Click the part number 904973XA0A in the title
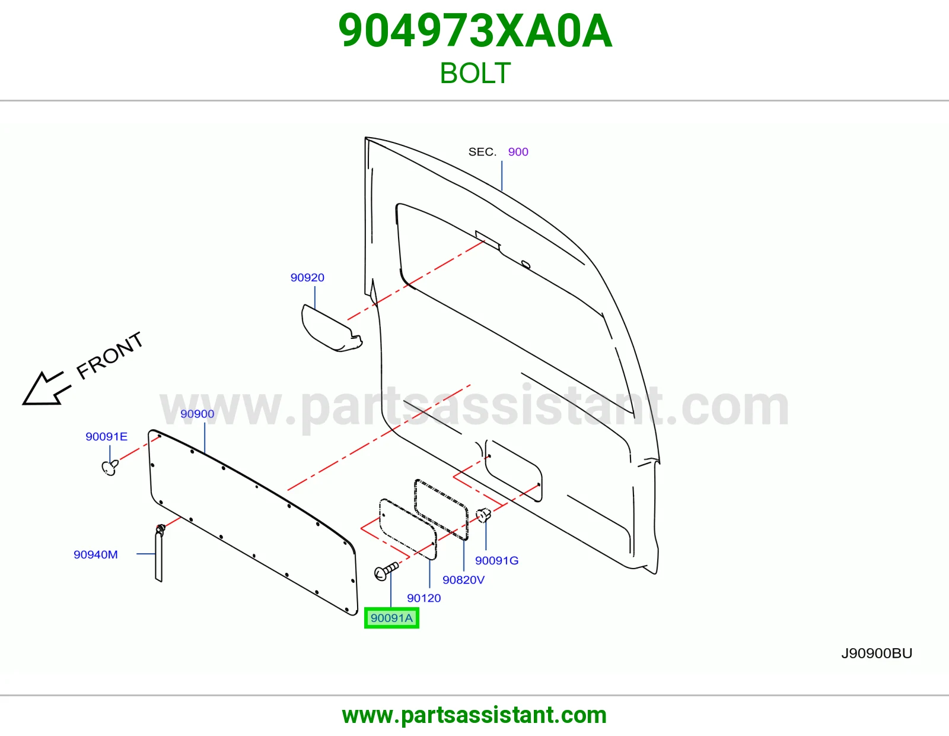coord(475,31)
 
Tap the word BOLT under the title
coord(475,73)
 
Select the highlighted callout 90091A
coord(391,618)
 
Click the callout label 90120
coord(423,598)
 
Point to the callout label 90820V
coord(463,579)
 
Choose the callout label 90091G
coord(496,560)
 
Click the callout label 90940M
coord(95,554)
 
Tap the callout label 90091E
coord(107,436)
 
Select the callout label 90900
coord(198,414)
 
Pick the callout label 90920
coord(307,278)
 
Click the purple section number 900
coord(518,152)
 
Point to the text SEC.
coord(482,152)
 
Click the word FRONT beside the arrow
coord(110,356)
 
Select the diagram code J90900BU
coord(877,653)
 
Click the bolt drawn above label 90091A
coord(386,571)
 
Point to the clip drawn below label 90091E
coord(110,468)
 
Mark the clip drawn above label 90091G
coord(483,515)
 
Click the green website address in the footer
coord(474,715)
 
